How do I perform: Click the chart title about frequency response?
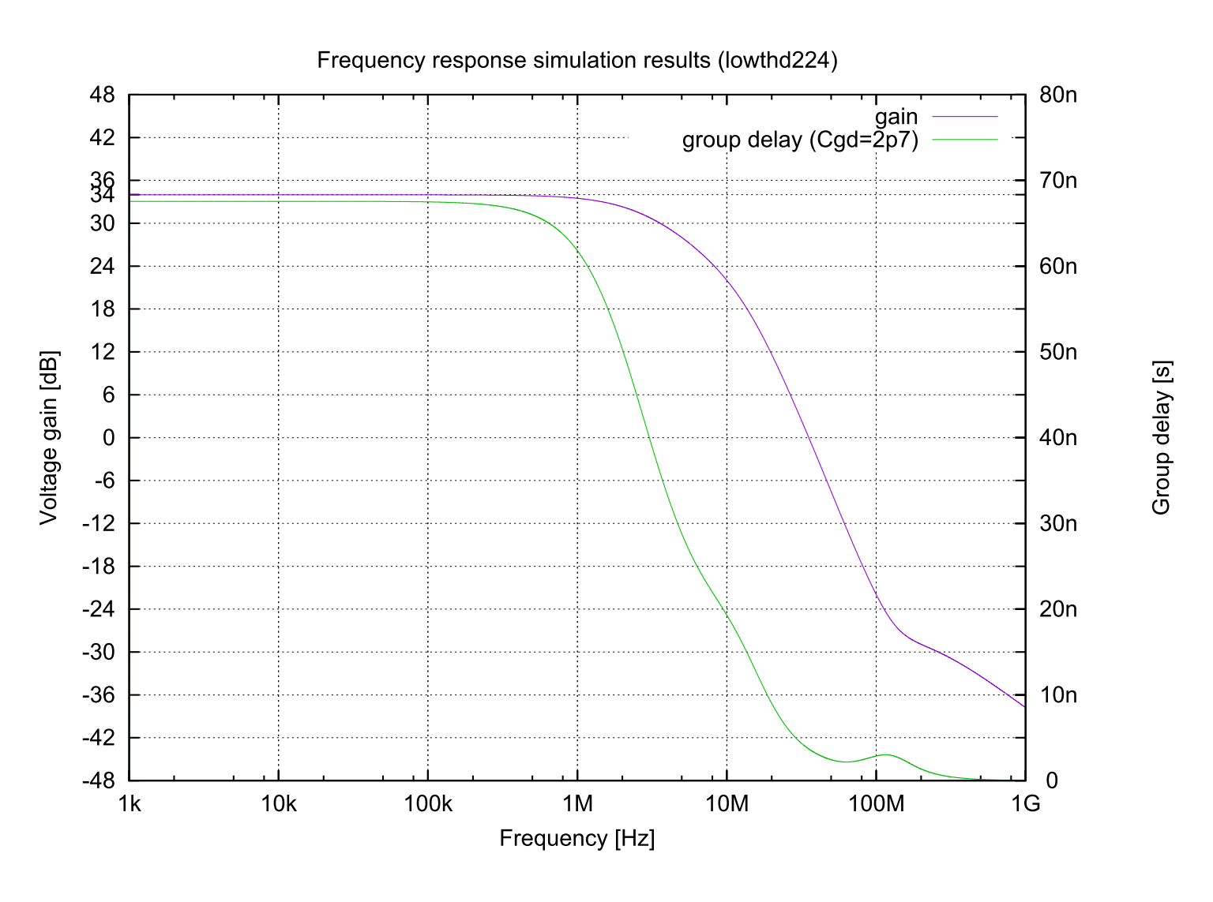point(576,61)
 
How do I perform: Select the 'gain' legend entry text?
point(896,117)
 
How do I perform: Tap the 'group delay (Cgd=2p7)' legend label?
point(800,140)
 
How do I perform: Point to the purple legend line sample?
point(965,117)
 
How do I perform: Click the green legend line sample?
point(965,140)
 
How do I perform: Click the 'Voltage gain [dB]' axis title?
point(49,437)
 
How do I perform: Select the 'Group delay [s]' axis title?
point(1161,437)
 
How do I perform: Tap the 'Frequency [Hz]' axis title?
point(576,838)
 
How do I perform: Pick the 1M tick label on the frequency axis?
point(577,804)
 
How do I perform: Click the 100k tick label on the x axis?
point(427,804)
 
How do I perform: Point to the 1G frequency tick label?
point(1025,804)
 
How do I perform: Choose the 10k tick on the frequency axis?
point(278,804)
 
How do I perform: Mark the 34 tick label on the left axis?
point(103,196)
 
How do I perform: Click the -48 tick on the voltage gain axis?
point(100,780)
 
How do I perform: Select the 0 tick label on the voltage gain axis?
point(109,437)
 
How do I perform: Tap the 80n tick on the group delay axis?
point(1058,95)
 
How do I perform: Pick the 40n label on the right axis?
point(1058,437)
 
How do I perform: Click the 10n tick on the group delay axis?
point(1058,694)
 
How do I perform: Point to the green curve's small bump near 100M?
point(886,755)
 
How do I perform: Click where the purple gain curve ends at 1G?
point(1023,706)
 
